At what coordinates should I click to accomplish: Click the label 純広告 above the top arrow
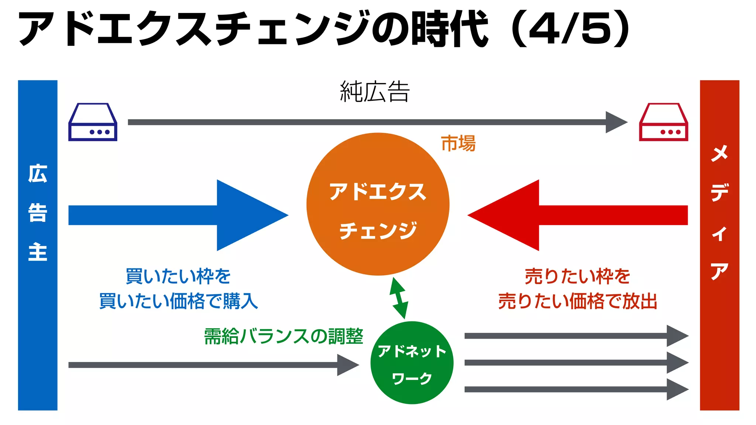point(375,92)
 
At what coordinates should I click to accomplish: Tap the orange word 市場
point(458,144)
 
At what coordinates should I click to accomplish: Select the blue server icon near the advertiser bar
point(93,122)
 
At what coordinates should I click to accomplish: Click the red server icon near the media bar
point(663,122)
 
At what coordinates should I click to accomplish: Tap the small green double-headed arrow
point(399,298)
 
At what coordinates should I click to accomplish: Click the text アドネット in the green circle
point(412,351)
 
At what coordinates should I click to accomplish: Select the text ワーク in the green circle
point(412,378)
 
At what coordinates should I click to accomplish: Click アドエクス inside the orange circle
point(378,191)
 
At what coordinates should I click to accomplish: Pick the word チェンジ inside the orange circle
point(378,231)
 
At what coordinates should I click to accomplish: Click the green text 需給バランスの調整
point(283,336)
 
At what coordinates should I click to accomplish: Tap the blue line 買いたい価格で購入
point(178,301)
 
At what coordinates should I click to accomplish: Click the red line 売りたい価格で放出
point(578,301)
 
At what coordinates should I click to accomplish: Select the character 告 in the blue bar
point(38,213)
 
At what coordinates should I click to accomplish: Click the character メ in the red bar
point(719,153)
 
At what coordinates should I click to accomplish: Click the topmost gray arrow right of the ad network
point(576,336)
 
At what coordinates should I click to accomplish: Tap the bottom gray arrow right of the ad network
point(576,389)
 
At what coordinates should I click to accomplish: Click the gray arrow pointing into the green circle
point(213,365)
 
